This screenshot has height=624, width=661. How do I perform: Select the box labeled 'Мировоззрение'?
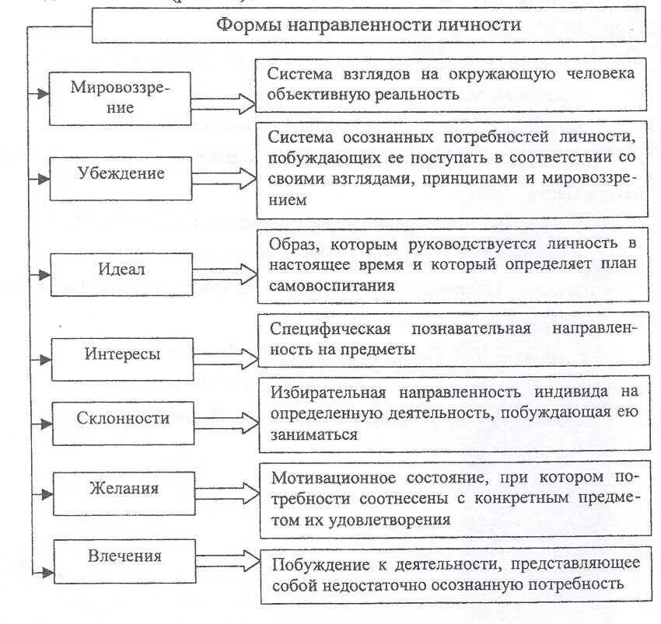point(119,97)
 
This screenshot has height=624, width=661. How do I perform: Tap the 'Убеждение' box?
point(121,174)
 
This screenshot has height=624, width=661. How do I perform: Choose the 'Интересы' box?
point(122,355)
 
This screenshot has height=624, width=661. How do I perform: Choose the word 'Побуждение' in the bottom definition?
point(312,563)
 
